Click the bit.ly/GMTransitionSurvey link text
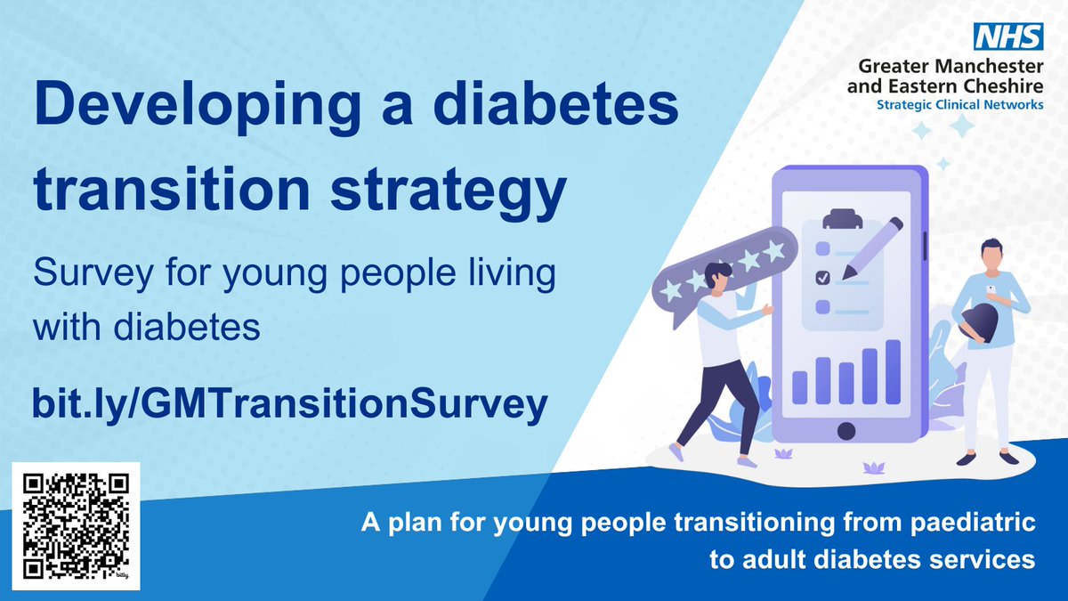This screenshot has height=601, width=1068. (x=288, y=404)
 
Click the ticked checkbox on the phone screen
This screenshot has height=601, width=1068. (x=822, y=278)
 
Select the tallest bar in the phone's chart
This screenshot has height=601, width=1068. (x=893, y=371)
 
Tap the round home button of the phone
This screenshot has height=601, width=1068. (x=846, y=431)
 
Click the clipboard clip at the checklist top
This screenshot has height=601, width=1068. (x=838, y=218)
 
